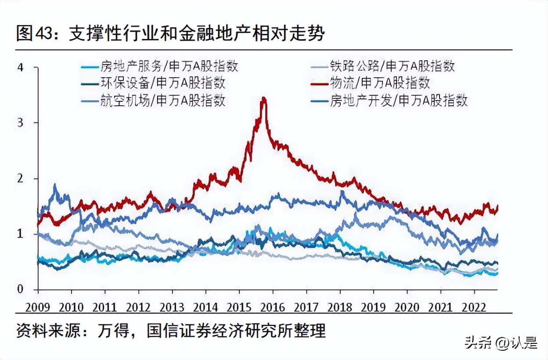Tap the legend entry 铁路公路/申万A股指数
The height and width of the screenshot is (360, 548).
point(392,66)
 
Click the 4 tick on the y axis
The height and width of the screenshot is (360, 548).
point(20,67)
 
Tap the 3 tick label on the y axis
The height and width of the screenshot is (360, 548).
point(20,122)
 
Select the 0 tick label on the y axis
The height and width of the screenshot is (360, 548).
point(20,289)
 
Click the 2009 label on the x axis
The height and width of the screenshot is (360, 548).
point(38,306)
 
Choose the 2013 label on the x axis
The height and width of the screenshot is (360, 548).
point(172,306)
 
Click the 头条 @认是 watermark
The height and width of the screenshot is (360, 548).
point(501,342)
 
